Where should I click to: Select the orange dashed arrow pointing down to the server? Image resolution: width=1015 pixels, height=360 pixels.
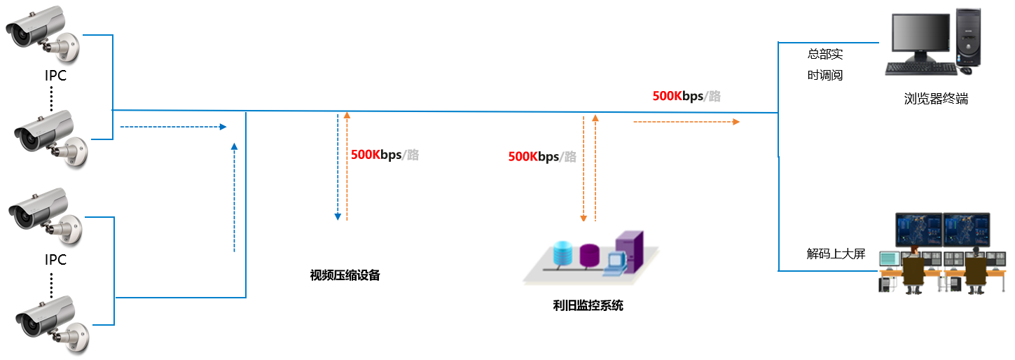(583, 169)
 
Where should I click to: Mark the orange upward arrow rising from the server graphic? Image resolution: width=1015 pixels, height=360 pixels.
(595, 168)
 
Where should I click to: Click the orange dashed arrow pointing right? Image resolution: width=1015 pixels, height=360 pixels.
(686, 122)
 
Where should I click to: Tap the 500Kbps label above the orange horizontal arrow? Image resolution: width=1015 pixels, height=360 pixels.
(686, 97)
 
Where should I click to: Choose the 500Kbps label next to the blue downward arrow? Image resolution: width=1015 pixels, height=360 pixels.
(385, 155)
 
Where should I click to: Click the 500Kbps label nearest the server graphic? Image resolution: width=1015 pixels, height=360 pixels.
(542, 157)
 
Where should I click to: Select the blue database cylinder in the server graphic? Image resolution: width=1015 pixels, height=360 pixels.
(562, 254)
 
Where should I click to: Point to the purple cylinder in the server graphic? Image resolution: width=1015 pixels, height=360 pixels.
(589, 256)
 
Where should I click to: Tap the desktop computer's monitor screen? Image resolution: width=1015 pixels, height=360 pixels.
(919, 34)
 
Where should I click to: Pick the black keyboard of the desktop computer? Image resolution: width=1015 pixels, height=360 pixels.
(920, 69)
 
